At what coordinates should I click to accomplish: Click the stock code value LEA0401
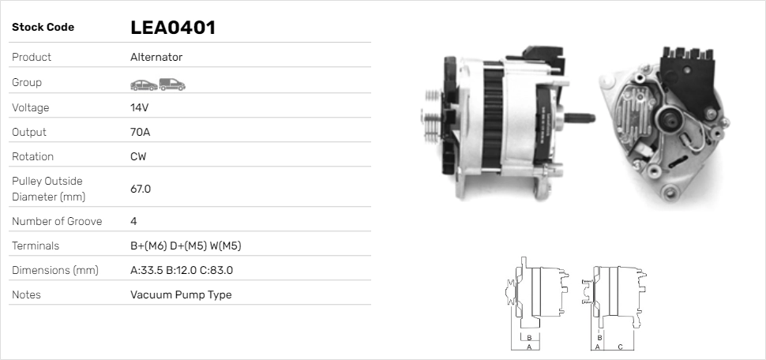pyautogui.click(x=173, y=28)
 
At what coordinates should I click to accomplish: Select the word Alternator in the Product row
pyautogui.click(x=156, y=58)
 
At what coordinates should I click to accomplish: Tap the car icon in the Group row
pyautogui.click(x=143, y=84)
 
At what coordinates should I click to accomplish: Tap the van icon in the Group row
pyautogui.click(x=172, y=84)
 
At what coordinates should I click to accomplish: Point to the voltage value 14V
pyautogui.click(x=140, y=107)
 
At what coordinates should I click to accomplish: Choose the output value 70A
pyautogui.click(x=140, y=132)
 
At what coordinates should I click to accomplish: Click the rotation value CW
pyautogui.click(x=138, y=156)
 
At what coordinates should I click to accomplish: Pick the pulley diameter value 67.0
pyautogui.click(x=141, y=189)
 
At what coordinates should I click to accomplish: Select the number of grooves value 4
pyautogui.click(x=133, y=221)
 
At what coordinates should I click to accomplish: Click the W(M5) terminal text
pyautogui.click(x=225, y=246)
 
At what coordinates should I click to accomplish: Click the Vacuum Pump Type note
pyautogui.click(x=181, y=294)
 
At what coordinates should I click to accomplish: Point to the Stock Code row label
pyautogui.click(x=43, y=28)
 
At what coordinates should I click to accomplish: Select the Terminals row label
pyautogui.click(x=36, y=246)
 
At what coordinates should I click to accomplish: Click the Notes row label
pyautogui.click(x=26, y=294)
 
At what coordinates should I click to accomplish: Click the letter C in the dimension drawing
pyautogui.click(x=620, y=346)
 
